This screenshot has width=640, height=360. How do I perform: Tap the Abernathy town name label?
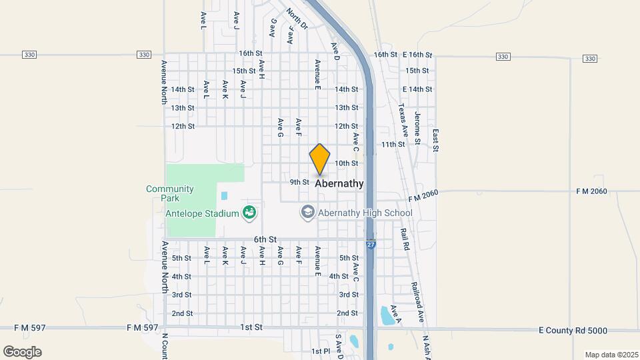click(x=339, y=183)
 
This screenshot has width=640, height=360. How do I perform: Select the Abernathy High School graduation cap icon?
click(x=307, y=213)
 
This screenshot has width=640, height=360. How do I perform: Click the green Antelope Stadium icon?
click(x=249, y=213)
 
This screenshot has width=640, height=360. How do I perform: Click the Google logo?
click(x=22, y=351)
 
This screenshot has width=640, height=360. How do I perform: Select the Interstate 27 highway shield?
click(x=371, y=245)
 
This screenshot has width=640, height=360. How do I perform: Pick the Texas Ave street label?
click(x=402, y=120)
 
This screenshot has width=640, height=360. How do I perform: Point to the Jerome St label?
click(x=417, y=128)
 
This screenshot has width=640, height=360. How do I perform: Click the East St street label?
click(x=435, y=141)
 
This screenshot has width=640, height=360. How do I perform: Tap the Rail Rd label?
click(x=404, y=239)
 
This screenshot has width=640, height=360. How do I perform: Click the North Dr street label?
click(x=297, y=18)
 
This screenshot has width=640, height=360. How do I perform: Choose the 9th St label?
click(x=299, y=182)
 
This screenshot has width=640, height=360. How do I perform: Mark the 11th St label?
click(x=393, y=144)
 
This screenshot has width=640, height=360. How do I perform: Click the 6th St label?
click(x=265, y=239)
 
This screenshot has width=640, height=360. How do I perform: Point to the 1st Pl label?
click(x=321, y=351)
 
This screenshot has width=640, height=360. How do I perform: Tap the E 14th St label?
click(x=417, y=89)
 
